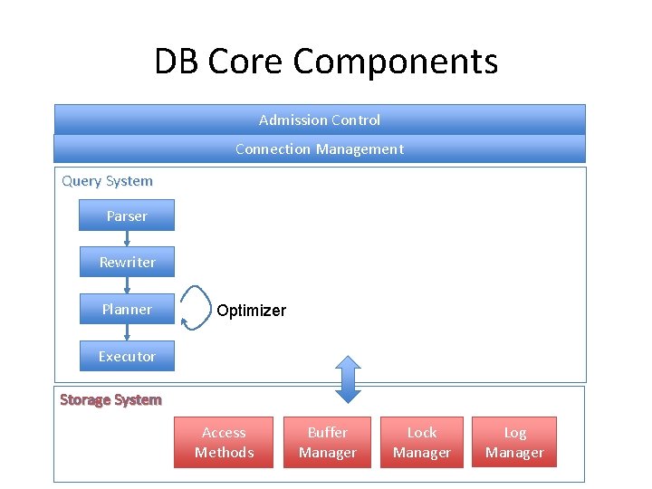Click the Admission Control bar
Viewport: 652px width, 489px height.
coord(320,120)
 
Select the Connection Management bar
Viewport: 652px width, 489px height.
coord(320,149)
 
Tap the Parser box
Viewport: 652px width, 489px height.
coord(127,216)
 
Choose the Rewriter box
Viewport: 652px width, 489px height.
coord(128,262)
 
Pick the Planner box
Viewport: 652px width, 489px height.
coord(128,309)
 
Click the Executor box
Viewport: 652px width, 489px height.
coord(128,356)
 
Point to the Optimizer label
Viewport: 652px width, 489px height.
coord(252,311)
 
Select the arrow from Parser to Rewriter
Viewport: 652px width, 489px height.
coord(128,239)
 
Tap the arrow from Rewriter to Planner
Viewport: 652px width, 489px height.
coord(128,285)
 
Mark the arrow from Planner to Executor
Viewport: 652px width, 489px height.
coord(128,332)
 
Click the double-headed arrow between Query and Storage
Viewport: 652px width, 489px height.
coord(348,379)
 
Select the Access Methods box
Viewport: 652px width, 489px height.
coord(224,443)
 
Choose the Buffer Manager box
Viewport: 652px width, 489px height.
coord(327,443)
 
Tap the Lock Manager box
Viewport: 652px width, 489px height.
coord(422,443)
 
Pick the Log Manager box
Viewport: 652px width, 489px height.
coord(514,443)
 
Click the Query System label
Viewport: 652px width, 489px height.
coord(107,181)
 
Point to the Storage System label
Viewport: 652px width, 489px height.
coord(110,399)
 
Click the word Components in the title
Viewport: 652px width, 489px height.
coord(395,62)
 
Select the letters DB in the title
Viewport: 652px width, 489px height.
coord(176,61)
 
